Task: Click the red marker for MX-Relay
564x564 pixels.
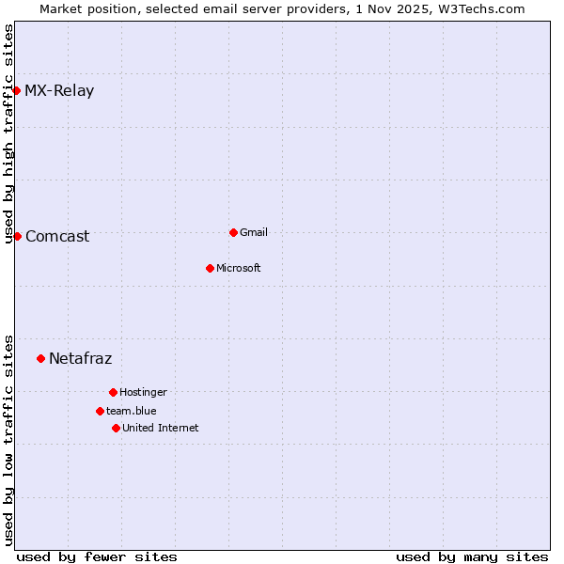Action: point(17,90)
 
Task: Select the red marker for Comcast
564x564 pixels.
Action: point(17,236)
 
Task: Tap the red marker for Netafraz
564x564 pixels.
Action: point(40,358)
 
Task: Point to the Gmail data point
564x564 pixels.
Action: point(233,232)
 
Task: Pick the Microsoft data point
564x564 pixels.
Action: point(210,268)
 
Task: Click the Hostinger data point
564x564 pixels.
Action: point(113,392)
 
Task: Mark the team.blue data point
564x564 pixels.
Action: point(100,411)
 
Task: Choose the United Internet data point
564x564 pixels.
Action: point(116,428)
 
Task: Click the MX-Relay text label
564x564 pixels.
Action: point(59,91)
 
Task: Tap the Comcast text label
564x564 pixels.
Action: point(57,237)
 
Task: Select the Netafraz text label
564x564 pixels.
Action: point(80,359)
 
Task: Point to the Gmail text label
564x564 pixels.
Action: point(254,233)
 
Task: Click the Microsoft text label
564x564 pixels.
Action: point(239,269)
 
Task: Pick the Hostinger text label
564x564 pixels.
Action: point(143,393)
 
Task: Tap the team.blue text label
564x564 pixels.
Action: point(132,412)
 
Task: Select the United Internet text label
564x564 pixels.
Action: point(161,429)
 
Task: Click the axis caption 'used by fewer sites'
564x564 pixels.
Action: point(97,556)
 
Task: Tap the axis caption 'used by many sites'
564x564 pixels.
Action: point(472,556)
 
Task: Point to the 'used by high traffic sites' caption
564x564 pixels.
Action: point(8,133)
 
